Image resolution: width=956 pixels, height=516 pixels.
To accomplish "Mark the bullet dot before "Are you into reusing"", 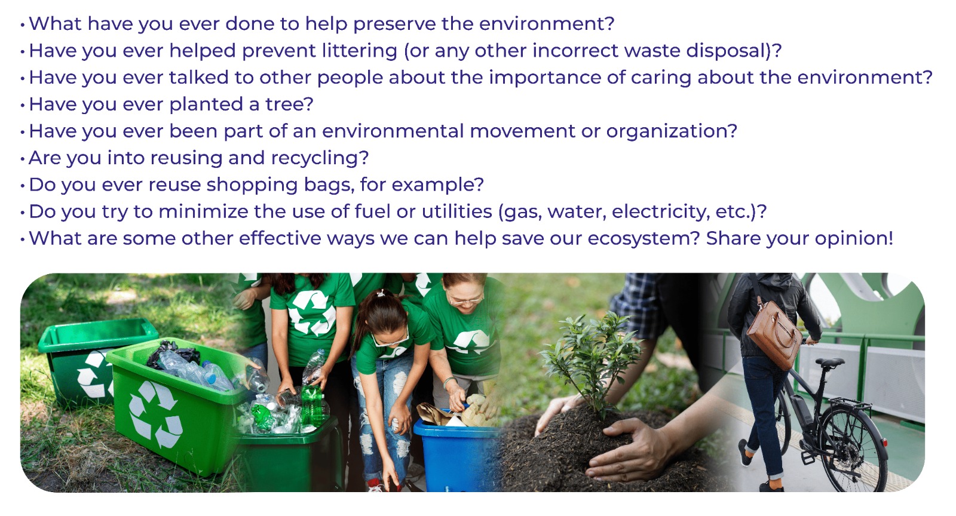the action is [23, 159].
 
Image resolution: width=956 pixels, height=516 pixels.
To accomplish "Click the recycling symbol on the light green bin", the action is [156, 414].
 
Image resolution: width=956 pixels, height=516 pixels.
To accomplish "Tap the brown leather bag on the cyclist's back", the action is [773, 333].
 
